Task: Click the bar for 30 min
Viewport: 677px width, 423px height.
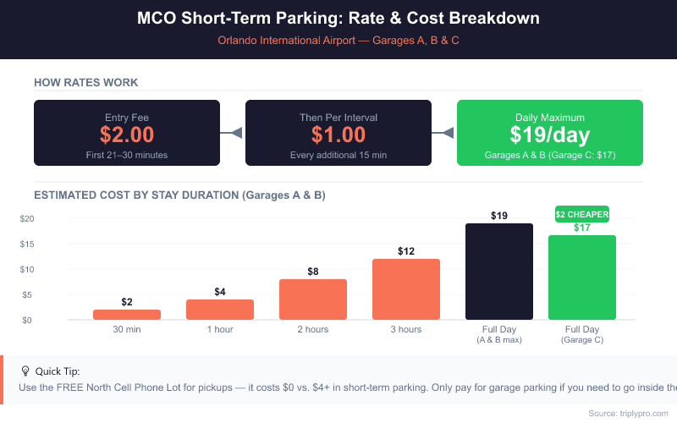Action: pos(127,315)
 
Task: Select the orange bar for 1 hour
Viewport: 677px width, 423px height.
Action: pos(220,310)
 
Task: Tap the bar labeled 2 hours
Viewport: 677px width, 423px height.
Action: pos(313,299)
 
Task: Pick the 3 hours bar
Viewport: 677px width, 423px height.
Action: pos(406,289)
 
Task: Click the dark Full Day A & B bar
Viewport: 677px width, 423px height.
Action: pos(499,272)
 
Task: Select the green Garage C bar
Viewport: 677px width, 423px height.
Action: pos(582,277)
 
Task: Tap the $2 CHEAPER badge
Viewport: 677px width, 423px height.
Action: pos(582,214)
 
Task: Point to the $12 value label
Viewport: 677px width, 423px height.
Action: pos(406,251)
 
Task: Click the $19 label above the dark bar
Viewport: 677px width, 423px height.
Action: pos(499,216)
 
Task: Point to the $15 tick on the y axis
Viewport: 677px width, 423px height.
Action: pos(27,244)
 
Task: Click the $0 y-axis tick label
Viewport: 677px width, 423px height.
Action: pos(27,321)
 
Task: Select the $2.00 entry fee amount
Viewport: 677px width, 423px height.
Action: pos(127,135)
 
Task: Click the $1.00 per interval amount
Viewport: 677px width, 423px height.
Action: pos(338,135)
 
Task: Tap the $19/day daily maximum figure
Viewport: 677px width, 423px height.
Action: pos(549,135)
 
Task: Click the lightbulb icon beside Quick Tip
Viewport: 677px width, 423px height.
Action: pos(25,371)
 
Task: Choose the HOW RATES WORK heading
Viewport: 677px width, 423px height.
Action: pos(86,82)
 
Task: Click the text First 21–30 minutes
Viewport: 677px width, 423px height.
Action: pos(127,155)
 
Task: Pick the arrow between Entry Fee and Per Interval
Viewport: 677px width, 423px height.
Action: pos(231,133)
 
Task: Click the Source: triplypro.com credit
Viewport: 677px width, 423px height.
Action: pos(628,414)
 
